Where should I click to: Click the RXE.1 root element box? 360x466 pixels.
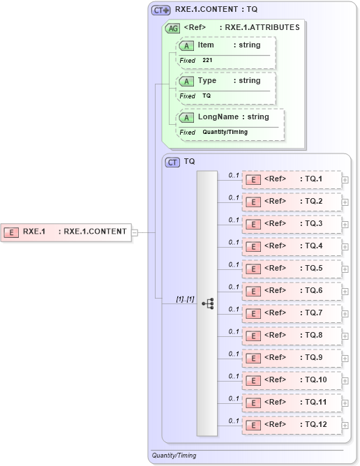67,232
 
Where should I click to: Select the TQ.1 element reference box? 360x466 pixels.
291,179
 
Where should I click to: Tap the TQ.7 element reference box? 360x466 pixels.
291,313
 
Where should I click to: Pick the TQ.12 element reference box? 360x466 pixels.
291,425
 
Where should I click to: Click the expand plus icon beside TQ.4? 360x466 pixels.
345,247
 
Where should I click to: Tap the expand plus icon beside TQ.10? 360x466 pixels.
345,381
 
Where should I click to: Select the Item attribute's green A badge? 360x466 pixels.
186,45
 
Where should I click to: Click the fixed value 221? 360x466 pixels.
207,61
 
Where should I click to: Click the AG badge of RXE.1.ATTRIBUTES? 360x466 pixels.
172,28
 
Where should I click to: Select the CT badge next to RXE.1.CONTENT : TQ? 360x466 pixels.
162,10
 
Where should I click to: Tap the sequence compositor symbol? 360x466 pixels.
208,303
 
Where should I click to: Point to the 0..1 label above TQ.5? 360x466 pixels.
234,264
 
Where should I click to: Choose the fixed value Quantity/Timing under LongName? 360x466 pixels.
225,132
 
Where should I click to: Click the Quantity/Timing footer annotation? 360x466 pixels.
174,456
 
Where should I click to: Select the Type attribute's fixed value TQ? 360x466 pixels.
207,96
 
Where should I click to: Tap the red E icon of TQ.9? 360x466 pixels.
254,358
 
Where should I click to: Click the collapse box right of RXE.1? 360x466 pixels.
135,232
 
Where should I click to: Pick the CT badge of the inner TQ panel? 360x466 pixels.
172,162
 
